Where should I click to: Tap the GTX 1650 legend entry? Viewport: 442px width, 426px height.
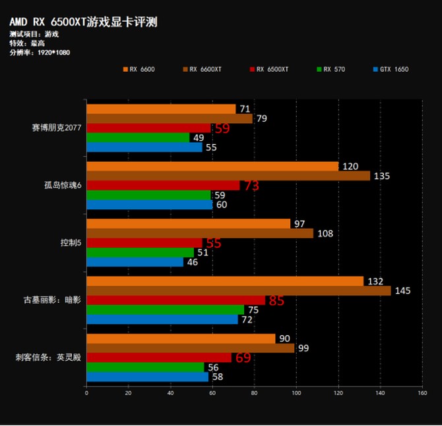393,69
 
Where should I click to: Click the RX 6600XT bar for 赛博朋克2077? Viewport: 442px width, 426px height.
169,119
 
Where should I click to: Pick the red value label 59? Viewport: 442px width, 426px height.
222,129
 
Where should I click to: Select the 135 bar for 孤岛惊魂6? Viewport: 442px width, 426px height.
228,176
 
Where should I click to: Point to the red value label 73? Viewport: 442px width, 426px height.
251,186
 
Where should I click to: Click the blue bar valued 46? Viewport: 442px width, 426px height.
135,262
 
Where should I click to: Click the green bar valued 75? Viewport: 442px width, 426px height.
165,310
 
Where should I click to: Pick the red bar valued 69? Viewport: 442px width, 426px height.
158,358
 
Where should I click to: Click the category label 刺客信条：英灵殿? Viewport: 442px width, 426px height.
49,358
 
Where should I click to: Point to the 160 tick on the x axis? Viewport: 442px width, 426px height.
422,394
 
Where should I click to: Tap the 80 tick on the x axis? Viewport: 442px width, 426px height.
254,394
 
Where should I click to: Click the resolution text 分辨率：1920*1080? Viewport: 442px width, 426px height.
40,52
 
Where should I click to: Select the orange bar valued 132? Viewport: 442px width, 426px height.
224,281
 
